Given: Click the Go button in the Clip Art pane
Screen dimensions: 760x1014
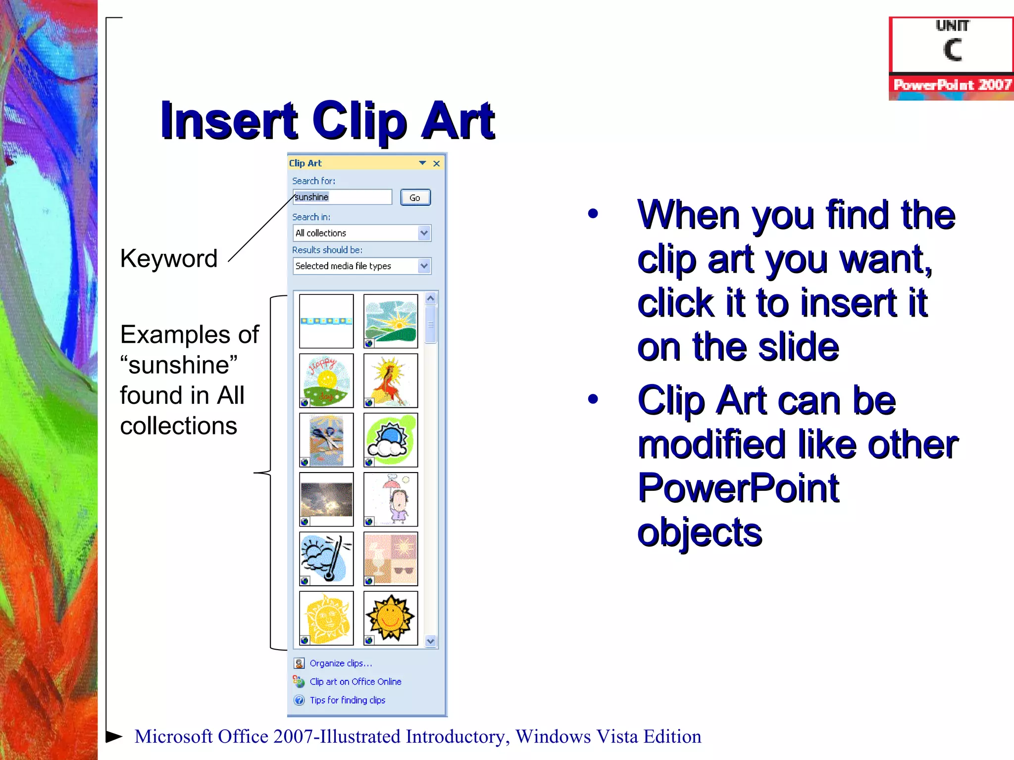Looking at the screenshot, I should click(415, 197).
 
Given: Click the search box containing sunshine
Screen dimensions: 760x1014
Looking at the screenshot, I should click(342, 197).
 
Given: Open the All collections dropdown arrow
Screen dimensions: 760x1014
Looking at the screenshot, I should click(424, 233).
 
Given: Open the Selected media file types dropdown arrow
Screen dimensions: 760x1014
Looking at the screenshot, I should click(424, 266).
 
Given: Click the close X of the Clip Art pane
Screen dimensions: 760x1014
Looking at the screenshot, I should click(436, 163).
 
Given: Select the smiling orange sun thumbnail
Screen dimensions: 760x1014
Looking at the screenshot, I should click(391, 618).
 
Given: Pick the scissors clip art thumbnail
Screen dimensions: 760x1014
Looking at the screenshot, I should click(326, 440).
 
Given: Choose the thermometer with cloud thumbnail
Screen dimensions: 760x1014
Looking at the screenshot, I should click(326, 559).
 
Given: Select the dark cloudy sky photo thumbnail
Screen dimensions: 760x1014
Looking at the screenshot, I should click(326, 499).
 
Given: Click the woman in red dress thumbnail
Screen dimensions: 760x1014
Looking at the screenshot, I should click(391, 380).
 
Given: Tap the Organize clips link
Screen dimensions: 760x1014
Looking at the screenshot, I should click(341, 663).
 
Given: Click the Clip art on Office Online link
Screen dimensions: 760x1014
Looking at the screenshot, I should click(355, 681).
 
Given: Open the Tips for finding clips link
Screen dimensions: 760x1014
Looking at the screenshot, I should click(347, 700).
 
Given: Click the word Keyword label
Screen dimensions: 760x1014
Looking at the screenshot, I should click(169, 259).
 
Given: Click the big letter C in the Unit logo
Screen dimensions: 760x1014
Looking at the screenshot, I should click(952, 50).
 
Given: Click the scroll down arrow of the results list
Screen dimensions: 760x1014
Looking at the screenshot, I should click(430, 641).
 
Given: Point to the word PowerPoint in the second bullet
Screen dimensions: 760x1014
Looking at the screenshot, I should click(738, 488).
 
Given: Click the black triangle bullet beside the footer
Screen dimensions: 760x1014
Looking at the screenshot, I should click(114, 736).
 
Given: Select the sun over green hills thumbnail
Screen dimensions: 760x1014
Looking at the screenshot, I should click(391, 321).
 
